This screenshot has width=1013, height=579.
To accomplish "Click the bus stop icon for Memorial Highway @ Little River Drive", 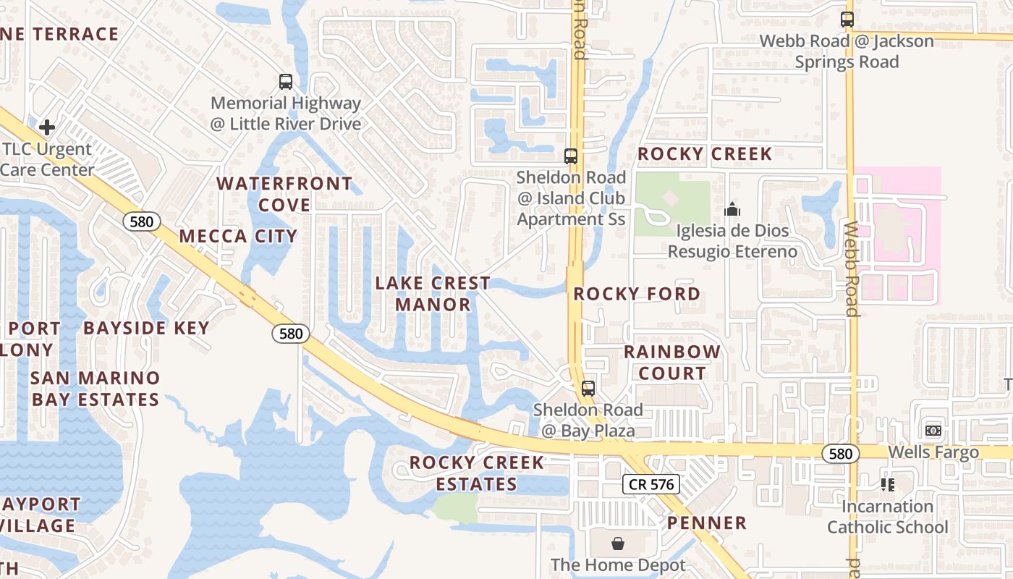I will click(286, 82).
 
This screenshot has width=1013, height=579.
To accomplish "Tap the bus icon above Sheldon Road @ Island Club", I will click(571, 156).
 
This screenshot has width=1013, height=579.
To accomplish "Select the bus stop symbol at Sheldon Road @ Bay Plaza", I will click(588, 389).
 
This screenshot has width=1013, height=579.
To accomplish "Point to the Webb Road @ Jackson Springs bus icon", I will click(847, 20).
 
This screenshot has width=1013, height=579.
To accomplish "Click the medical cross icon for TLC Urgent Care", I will click(47, 128).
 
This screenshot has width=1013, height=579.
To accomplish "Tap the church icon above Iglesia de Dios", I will click(732, 210).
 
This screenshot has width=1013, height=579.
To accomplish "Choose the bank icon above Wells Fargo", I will click(933, 431).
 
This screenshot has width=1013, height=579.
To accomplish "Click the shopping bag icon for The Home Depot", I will click(618, 543).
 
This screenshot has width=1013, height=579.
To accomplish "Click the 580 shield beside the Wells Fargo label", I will click(840, 454).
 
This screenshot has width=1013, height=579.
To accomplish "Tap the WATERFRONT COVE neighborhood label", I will click(284, 194).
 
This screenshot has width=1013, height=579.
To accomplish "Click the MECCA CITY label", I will click(238, 236).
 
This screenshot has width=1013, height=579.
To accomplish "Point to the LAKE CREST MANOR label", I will click(433, 293).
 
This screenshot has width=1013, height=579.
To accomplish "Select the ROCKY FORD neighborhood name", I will click(637, 294).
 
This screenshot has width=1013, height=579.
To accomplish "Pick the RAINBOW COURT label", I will click(672, 363).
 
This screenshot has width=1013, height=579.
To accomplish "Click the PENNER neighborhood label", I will click(707, 523).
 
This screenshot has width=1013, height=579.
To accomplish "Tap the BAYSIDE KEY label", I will click(146, 328).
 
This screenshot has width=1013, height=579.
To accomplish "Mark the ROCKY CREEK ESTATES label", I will click(477, 473).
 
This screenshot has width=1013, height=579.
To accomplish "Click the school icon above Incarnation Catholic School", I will click(888, 484).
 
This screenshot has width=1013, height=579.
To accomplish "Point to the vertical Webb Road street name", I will click(852, 268).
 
